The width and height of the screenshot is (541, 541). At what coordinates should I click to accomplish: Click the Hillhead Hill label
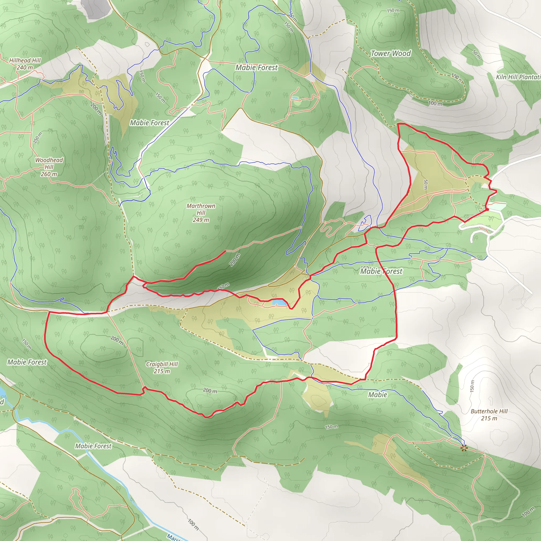(25, 60)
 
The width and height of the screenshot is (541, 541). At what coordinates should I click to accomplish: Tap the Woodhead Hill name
(49, 163)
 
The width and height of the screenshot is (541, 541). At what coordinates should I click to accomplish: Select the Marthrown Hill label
(201, 209)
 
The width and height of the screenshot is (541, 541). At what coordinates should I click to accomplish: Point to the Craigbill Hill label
(162, 364)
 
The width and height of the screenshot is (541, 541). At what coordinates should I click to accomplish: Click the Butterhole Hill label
(489, 411)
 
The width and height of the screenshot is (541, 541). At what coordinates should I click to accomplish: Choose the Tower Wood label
(391, 53)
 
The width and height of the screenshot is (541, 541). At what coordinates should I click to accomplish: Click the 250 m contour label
(38, 137)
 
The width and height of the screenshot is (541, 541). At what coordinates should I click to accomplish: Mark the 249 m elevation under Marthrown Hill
(201, 220)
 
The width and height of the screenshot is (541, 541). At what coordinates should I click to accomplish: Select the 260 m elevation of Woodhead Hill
(49, 174)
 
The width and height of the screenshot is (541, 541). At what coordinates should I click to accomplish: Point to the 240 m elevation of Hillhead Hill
(25, 67)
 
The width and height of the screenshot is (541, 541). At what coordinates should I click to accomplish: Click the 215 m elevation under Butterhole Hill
(489, 418)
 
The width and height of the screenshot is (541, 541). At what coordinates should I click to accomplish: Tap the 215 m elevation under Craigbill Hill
(162, 371)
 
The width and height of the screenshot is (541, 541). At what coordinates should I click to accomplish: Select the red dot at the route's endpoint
(487, 209)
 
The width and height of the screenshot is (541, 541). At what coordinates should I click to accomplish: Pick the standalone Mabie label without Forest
(377, 395)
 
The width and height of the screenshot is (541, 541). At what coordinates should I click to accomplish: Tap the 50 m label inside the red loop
(426, 185)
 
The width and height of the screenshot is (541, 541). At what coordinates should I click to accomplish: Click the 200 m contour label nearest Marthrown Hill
(235, 260)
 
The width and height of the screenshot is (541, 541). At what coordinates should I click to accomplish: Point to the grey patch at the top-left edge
(97, 8)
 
